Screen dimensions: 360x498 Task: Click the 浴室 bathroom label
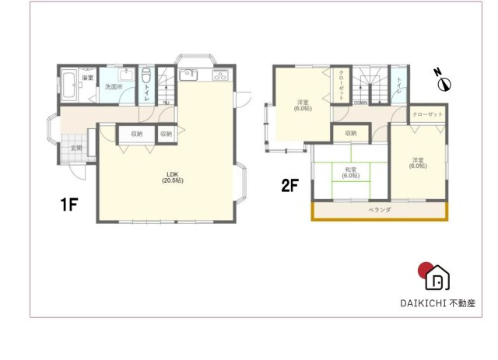click(89, 78)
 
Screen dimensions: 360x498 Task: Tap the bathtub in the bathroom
click(68, 86)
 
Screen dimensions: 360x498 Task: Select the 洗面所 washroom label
click(114, 87)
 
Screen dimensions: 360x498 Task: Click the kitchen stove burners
click(219, 76)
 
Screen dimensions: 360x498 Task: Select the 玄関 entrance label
click(77, 147)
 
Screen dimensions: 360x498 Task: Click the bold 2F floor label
click(290, 187)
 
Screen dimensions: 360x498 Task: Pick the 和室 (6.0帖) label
click(349, 173)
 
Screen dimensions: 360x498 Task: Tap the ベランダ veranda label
click(379, 210)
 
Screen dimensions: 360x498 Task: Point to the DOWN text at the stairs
click(361, 103)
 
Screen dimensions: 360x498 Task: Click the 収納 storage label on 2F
click(350, 134)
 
